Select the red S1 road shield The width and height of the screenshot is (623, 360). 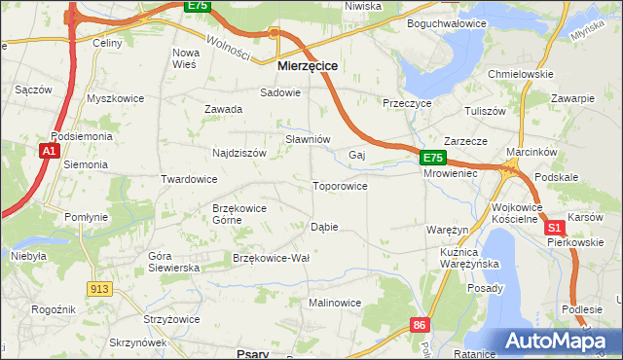click(x=555, y=226)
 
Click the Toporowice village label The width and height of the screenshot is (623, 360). click(x=339, y=186)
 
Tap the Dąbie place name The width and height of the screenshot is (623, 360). click(x=323, y=227)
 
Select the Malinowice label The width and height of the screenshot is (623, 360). click(x=334, y=303)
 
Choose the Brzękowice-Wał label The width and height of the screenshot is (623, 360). click(x=271, y=257)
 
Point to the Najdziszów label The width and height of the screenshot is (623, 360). click(x=239, y=153)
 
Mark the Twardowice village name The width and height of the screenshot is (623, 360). click(x=188, y=179)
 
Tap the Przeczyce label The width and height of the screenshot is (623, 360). click(x=407, y=102)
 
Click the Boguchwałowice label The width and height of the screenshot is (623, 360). click(x=447, y=22)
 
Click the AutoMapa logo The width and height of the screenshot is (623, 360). click(x=563, y=341)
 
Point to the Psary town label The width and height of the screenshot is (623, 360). click(x=252, y=354)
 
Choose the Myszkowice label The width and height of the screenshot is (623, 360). click(x=115, y=98)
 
